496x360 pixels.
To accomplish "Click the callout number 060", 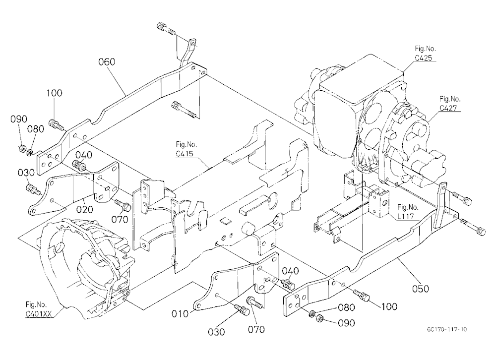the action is click(x=107, y=61).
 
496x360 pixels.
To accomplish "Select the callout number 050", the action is click(x=421, y=289).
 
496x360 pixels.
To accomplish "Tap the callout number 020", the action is click(x=85, y=209).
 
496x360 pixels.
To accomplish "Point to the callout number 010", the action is click(x=180, y=314).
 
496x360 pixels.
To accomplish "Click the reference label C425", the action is click(x=424, y=58).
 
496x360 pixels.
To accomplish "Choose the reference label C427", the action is click(x=448, y=108).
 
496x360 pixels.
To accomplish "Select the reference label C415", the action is click(x=185, y=154).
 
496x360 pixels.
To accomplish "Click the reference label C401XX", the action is click(x=38, y=314).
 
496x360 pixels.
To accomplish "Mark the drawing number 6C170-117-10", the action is click(x=447, y=329).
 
